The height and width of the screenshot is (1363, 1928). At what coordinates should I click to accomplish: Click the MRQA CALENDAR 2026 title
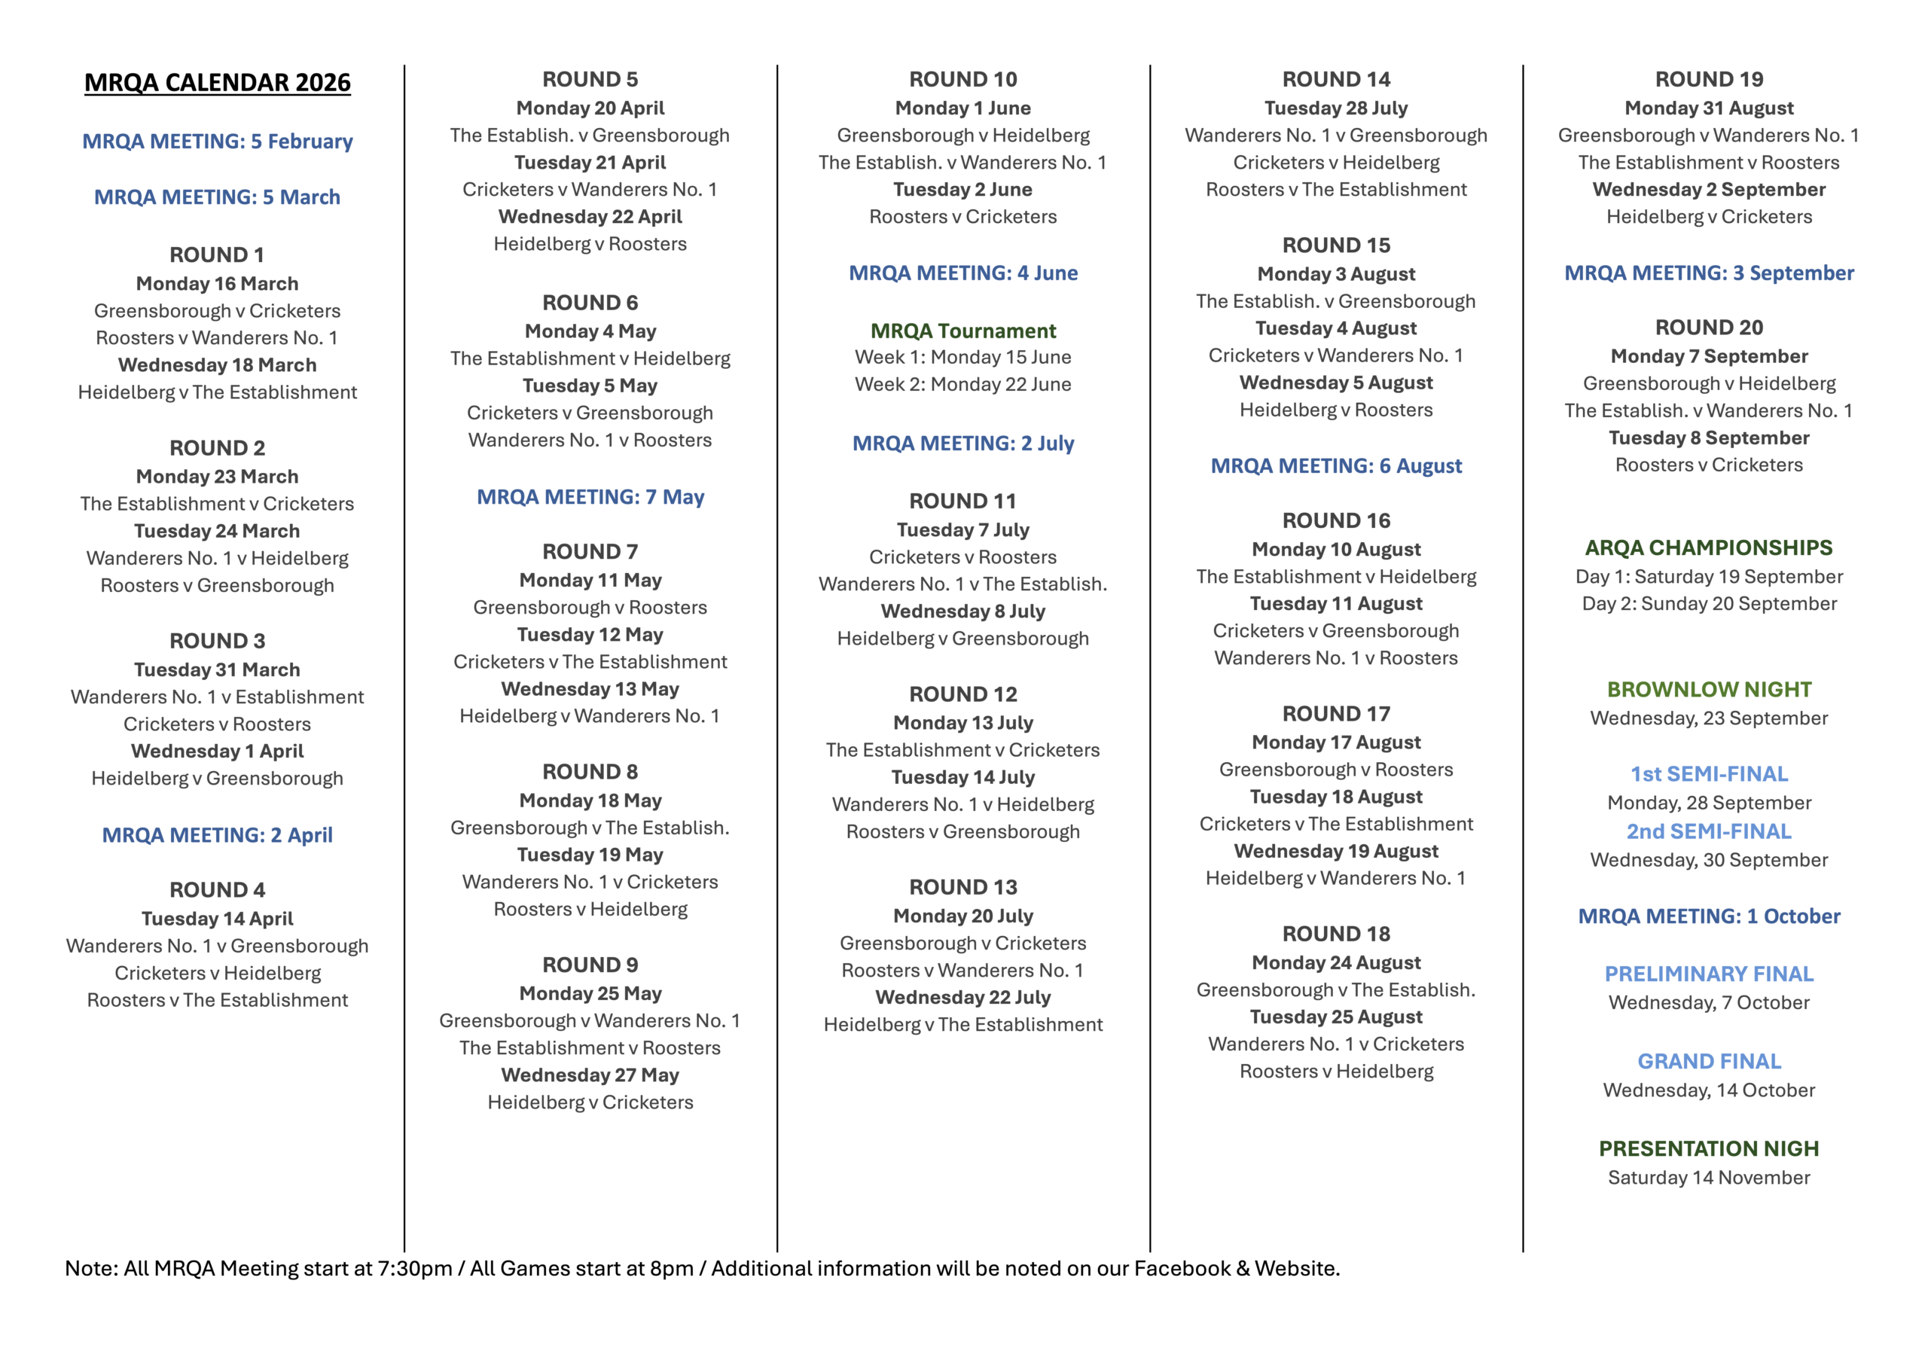[x=218, y=82]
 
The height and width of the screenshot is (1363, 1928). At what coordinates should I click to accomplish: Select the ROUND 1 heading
[x=218, y=255]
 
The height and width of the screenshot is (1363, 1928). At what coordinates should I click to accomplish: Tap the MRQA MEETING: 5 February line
[x=218, y=141]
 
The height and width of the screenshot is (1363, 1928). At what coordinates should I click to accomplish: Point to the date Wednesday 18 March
[x=218, y=365]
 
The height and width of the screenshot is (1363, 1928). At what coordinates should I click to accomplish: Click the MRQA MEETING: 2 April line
[x=218, y=836]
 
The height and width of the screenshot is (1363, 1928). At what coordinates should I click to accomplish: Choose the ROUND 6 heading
[x=590, y=302]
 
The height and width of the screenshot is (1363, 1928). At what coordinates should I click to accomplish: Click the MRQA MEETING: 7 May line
[x=590, y=497]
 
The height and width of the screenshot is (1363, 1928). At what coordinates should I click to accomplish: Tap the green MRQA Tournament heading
[x=963, y=331]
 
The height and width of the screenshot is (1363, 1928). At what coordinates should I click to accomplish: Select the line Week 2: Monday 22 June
[x=963, y=385]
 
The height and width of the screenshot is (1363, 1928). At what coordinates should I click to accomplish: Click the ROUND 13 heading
[x=963, y=887]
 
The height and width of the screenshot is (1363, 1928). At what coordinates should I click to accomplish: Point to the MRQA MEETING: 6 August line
[x=1336, y=466]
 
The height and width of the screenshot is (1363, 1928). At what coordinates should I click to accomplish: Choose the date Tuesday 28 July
[x=1336, y=108]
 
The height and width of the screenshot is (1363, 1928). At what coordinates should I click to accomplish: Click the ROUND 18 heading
[x=1336, y=934]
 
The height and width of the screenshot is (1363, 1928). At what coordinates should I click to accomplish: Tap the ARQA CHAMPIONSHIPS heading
[x=1709, y=547]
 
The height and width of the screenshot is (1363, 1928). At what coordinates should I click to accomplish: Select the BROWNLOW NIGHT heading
[x=1709, y=690]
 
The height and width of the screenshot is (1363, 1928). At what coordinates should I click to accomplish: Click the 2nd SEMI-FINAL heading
[x=1709, y=831]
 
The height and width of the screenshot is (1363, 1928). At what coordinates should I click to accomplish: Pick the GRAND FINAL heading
[x=1709, y=1062]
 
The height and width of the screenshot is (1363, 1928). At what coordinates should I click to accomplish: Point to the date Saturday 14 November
[x=1709, y=1178]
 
